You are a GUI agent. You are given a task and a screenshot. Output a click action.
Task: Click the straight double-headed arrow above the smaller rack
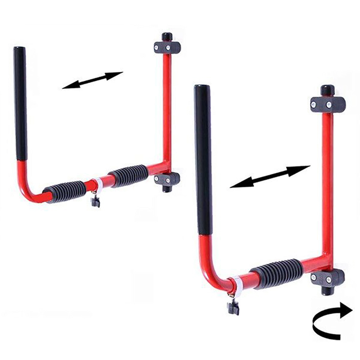tap(91, 80)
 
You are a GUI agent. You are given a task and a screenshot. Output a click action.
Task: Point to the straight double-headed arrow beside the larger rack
tap(268, 177)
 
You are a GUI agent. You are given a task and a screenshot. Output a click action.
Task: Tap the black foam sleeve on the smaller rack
tap(21, 103)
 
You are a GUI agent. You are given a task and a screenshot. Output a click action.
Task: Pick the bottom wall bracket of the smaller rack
tap(166, 179)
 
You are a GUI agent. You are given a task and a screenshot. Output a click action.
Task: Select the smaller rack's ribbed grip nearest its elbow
tap(64, 191)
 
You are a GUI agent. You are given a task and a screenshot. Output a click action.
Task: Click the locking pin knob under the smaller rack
tap(96, 201)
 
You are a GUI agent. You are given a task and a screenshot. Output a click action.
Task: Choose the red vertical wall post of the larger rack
tap(326, 190)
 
